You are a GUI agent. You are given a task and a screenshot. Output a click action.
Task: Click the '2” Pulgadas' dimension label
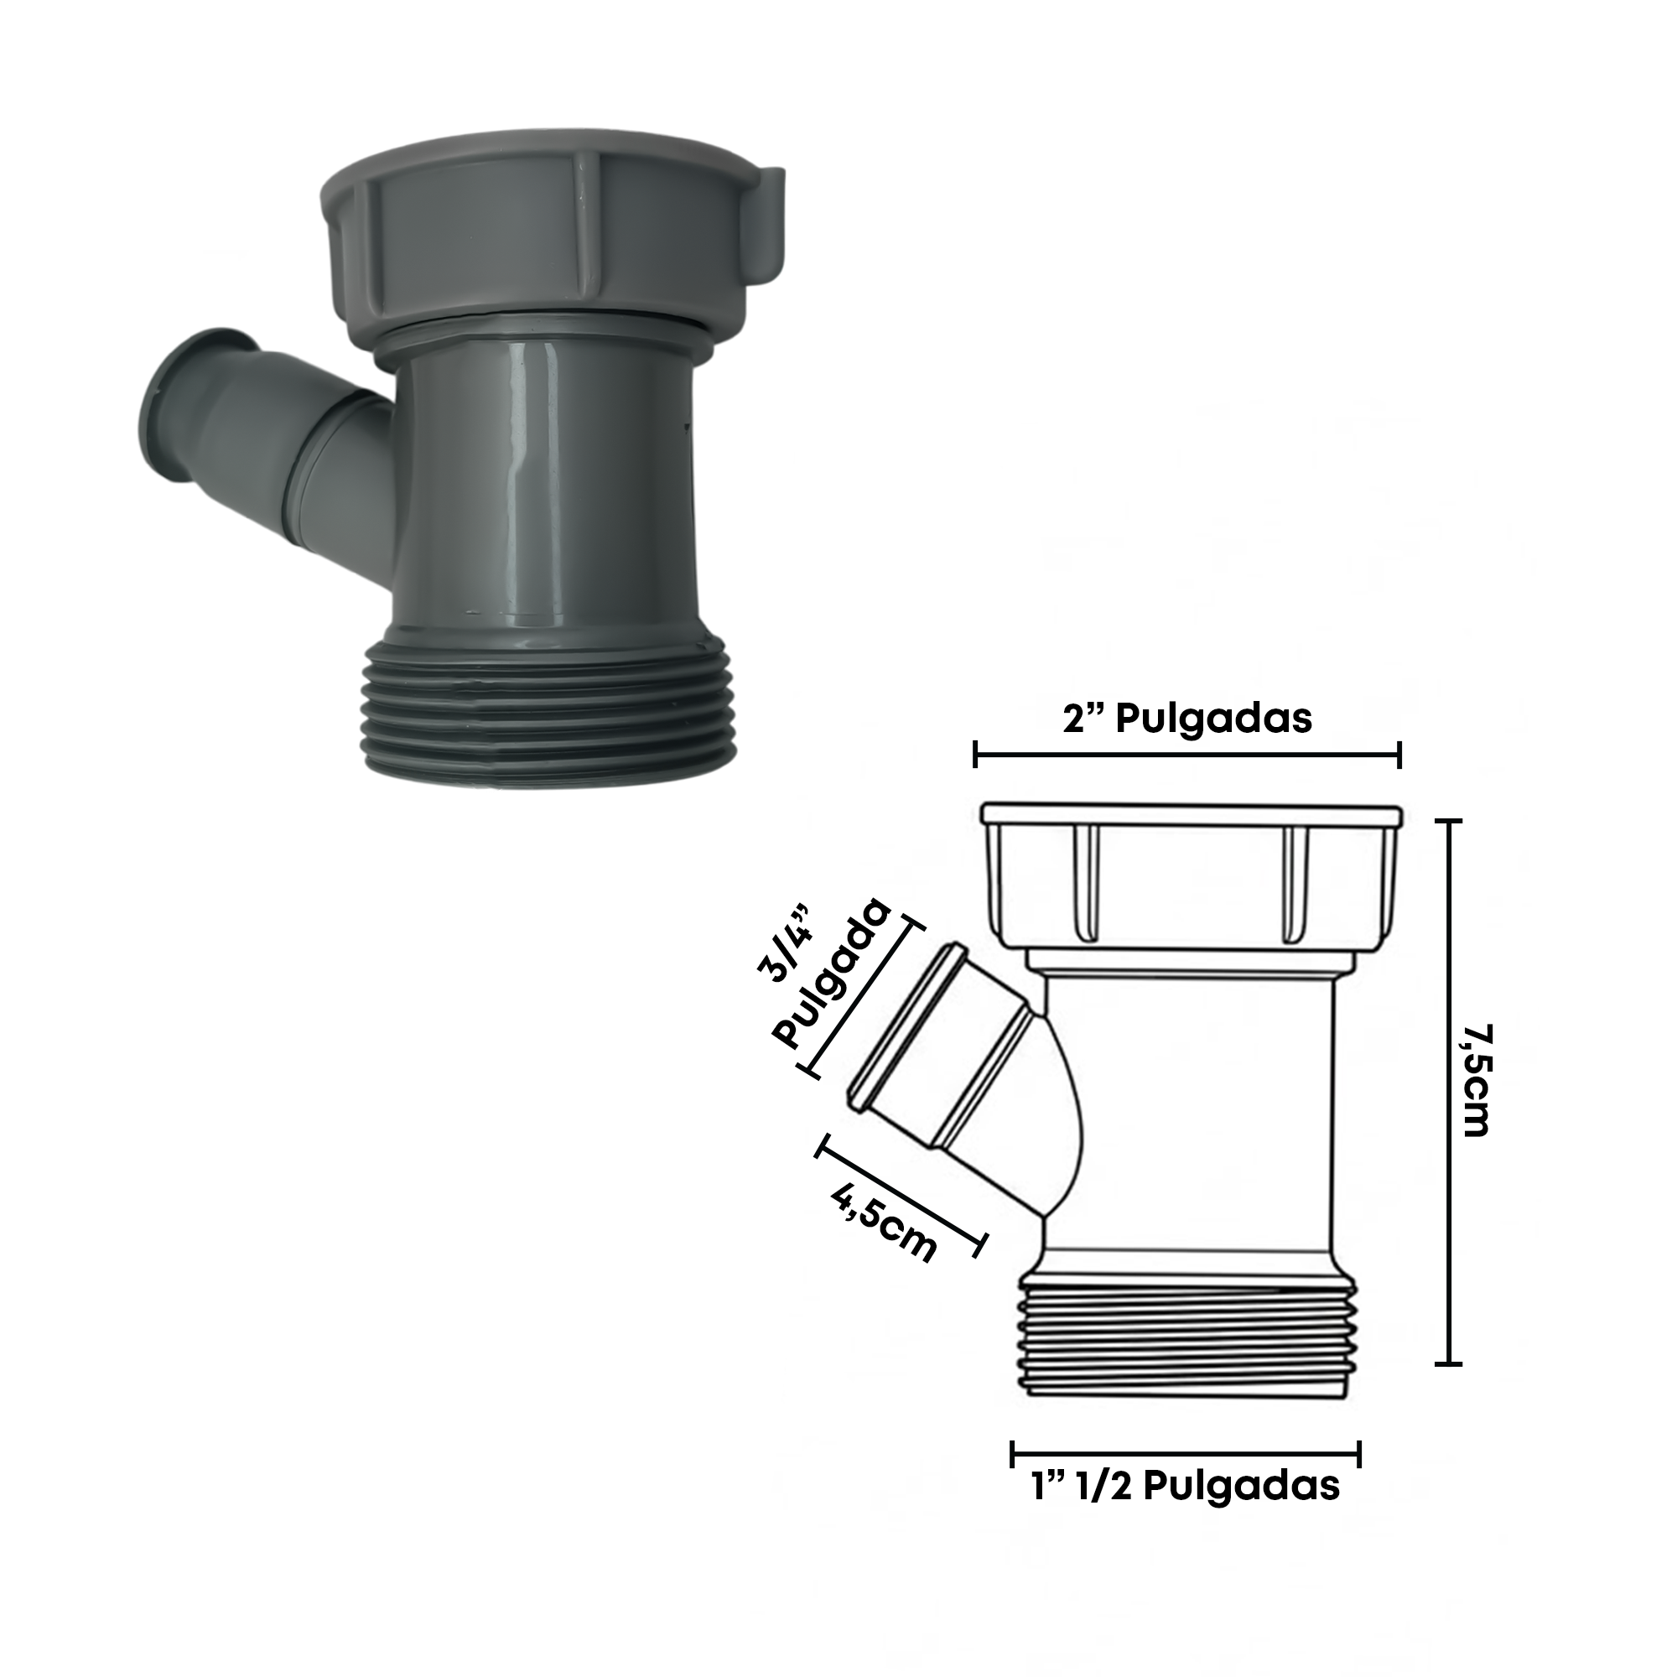(1186, 718)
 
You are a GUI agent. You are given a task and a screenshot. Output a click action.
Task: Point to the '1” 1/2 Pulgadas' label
(1186, 1485)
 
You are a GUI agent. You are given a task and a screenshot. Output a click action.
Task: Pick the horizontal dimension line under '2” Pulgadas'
(1186, 755)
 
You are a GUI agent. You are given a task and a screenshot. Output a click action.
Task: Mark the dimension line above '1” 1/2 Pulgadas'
(1186, 1453)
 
